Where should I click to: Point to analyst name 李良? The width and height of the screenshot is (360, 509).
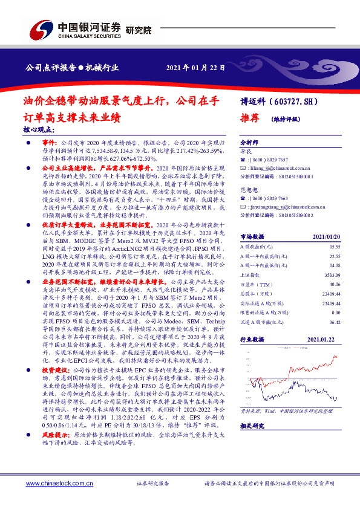click(246, 148)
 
